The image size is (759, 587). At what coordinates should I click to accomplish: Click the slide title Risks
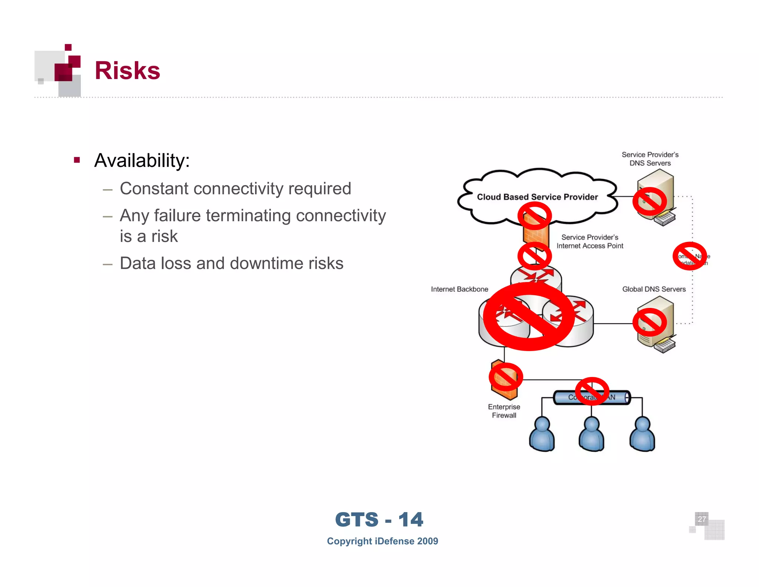click(x=127, y=70)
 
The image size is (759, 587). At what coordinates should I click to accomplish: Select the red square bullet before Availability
click(x=77, y=160)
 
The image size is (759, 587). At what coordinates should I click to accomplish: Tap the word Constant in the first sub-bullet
click(x=154, y=188)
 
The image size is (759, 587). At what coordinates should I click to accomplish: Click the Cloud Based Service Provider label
click(x=537, y=197)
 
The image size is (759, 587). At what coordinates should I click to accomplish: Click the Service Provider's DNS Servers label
click(x=650, y=159)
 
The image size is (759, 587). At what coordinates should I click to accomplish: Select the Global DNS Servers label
click(x=654, y=289)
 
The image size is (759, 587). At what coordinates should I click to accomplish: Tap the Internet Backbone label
click(x=459, y=289)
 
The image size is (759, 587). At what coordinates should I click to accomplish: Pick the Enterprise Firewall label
click(x=504, y=411)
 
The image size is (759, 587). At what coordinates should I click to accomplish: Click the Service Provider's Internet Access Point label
click(x=590, y=242)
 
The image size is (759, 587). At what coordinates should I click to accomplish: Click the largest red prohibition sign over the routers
click(x=529, y=317)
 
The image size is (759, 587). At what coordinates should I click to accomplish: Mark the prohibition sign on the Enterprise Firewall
click(x=506, y=377)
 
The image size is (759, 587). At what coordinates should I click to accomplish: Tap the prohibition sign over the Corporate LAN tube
click(x=592, y=391)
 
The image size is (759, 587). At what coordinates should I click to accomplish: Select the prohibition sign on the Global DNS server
click(x=649, y=322)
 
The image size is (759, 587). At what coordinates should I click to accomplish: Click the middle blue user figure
click(x=591, y=434)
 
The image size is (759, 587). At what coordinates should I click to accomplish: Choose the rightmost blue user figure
click(x=642, y=434)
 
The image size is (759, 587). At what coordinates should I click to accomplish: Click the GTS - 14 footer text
click(x=379, y=519)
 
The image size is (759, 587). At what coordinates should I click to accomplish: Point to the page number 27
click(x=702, y=519)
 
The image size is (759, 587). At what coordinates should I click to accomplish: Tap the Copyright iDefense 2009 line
click(x=382, y=541)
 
